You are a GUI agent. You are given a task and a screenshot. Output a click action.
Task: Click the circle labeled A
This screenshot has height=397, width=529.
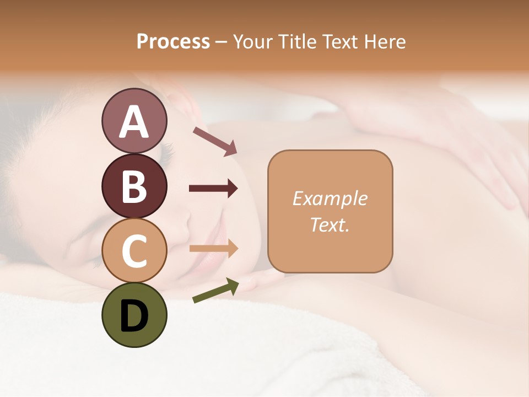coord(134,121)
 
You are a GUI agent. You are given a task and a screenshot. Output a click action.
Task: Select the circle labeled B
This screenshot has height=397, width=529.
coord(134,186)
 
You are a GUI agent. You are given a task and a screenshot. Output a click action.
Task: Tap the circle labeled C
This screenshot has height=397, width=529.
coord(134,250)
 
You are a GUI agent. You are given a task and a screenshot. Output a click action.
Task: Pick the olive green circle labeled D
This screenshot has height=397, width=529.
coord(134,315)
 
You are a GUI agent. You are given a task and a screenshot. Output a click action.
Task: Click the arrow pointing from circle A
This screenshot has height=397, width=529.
coord(215,141)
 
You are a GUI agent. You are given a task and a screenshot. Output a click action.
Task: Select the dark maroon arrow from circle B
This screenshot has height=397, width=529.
coord(213,189)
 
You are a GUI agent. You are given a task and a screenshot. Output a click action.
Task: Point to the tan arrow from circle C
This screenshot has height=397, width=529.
coord(213,249)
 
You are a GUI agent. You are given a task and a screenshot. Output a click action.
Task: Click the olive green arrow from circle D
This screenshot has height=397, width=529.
coord(215,291)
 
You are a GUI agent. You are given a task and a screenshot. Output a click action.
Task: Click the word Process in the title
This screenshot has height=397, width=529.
coord(173,41)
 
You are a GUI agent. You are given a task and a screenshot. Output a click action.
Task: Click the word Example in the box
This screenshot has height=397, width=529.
coord(330,198)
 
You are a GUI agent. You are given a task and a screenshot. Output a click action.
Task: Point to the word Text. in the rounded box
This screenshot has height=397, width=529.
coord(330,224)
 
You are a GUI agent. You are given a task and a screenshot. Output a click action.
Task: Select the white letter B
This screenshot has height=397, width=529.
coord(134,186)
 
